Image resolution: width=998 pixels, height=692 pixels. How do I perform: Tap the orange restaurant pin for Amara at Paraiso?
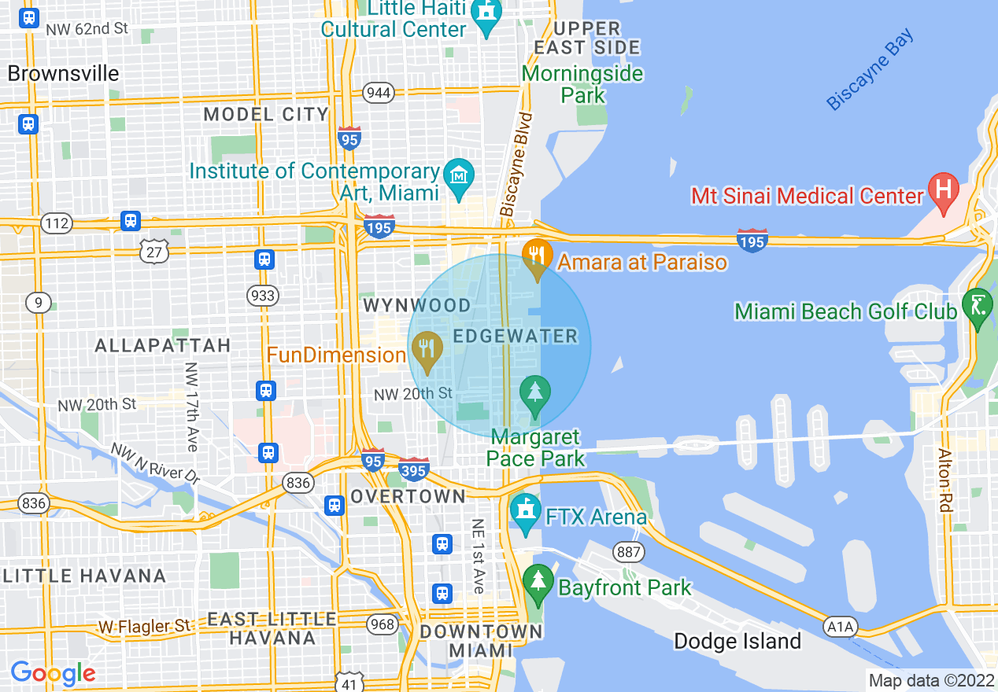pyautogui.click(x=536, y=256)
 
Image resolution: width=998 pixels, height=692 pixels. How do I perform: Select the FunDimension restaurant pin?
pyautogui.click(x=427, y=348)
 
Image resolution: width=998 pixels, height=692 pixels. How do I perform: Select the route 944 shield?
pyautogui.click(x=379, y=94)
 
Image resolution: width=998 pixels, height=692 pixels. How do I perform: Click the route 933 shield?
pyautogui.click(x=263, y=296)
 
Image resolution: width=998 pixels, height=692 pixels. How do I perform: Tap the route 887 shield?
pyautogui.click(x=629, y=552)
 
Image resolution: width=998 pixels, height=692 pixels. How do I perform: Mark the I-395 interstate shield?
pyautogui.click(x=413, y=468)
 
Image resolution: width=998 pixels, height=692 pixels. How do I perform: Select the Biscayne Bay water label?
pyautogui.click(x=871, y=69)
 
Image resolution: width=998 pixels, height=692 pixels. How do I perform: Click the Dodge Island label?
pyautogui.click(x=737, y=641)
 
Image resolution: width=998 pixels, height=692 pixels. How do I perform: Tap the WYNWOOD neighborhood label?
pyautogui.click(x=416, y=305)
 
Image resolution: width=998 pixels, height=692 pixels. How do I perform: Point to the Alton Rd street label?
pyautogui.click(x=945, y=480)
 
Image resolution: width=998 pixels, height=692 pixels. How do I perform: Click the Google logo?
pyautogui.click(x=53, y=673)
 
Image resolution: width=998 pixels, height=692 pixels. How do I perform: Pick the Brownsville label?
pyautogui.click(x=64, y=74)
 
